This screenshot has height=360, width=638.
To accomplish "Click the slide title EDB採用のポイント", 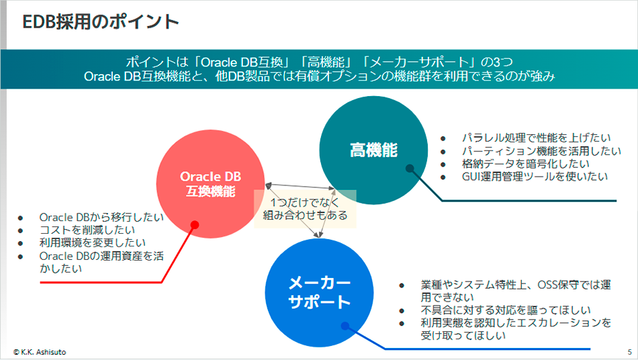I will point(101,22).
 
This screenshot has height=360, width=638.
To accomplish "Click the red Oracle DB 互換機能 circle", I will point(210,183).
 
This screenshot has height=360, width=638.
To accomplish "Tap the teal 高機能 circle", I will point(373,149).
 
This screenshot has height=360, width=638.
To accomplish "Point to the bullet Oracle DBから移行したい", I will point(101,217).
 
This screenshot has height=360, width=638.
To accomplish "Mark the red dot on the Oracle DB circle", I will point(194,224).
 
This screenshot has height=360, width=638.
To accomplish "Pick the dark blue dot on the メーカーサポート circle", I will point(345,326).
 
